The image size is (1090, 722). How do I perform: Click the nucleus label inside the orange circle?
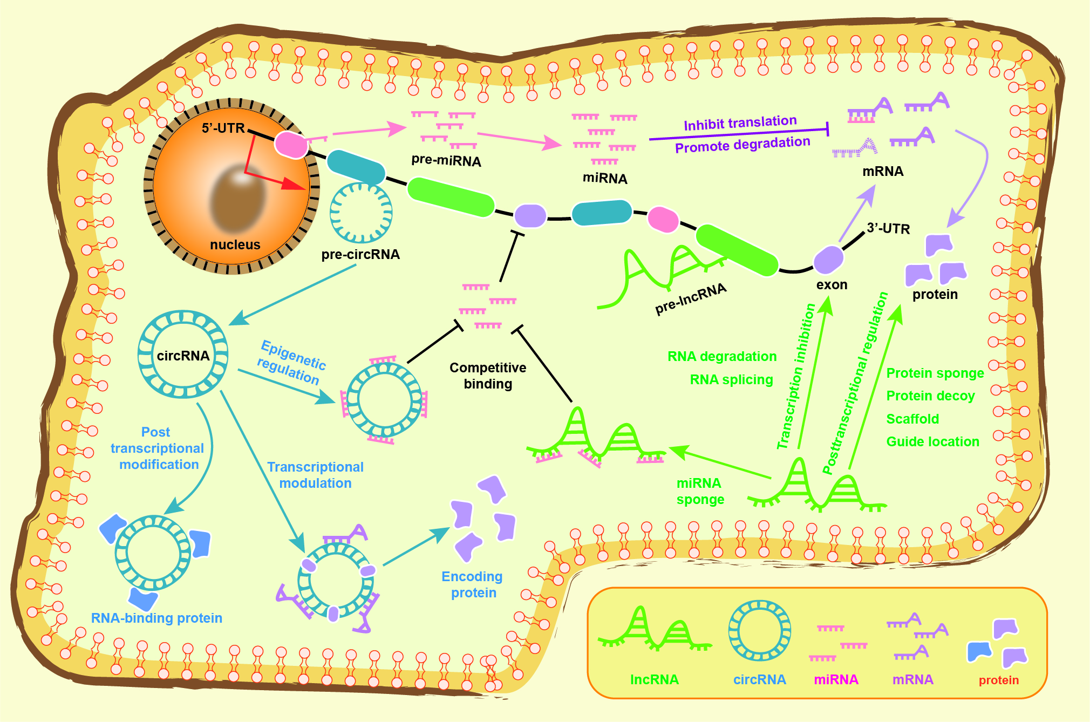tap(235, 245)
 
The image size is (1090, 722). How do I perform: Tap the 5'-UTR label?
tap(223, 128)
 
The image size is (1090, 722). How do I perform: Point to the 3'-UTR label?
tap(888, 229)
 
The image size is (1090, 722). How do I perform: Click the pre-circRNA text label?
tap(360, 255)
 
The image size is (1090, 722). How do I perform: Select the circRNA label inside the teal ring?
tap(183, 356)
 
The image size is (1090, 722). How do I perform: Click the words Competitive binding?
tap(488, 376)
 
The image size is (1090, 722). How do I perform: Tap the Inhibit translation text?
tap(740, 123)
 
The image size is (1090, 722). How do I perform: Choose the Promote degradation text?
tap(742, 145)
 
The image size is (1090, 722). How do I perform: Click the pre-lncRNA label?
tap(691, 298)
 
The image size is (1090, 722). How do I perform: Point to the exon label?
tap(832, 285)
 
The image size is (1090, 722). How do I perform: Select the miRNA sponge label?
tap(700, 491)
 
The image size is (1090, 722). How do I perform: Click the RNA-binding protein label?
tap(156, 618)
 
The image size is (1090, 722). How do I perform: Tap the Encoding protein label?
tap(472, 585)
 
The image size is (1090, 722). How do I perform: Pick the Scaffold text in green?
tap(912, 419)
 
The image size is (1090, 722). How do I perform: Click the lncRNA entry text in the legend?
tap(654, 680)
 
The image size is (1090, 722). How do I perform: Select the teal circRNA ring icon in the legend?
tap(759, 630)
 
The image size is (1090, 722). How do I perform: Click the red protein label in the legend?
tap(998, 680)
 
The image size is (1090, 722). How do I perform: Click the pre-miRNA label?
tap(446, 161)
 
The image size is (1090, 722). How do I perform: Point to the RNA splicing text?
tap(731, 380)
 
